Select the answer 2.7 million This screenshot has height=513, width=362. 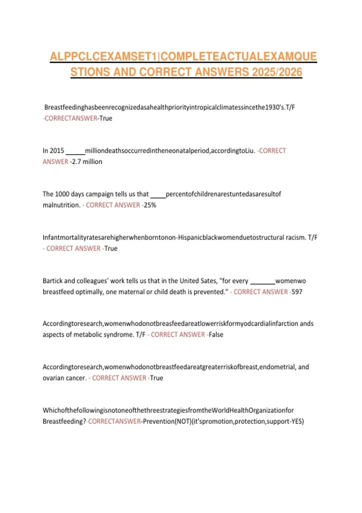(x=87, y=162)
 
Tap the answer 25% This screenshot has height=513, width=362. (x=150, y=205)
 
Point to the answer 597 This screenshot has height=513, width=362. (x=297, y=292)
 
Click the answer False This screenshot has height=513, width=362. (x=216, y=335)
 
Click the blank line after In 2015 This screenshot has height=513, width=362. (x=75, y=153)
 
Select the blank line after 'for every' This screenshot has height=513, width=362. (x=263, y=283)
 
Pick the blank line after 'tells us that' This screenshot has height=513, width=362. (x=158, y=196)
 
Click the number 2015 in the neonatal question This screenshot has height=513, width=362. (x=57, y=151)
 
